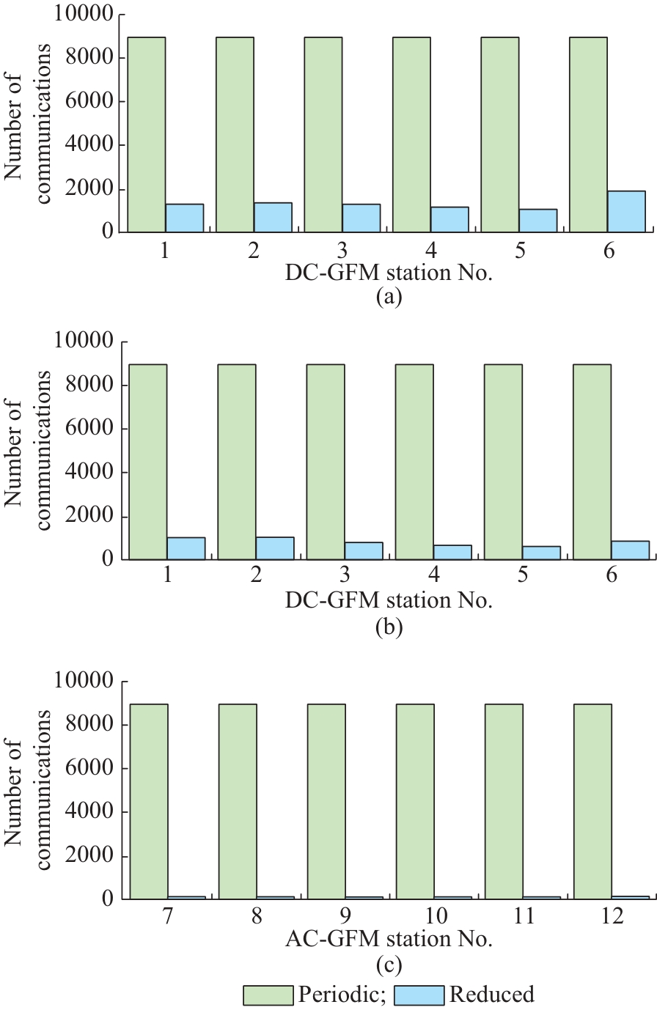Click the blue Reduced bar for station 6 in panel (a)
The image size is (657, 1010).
coord(625,212)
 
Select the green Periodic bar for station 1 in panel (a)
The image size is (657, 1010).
coord(146,135)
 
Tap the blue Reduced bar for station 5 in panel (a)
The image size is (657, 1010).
coord(537,221)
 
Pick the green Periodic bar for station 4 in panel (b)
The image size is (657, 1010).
coord(414,462)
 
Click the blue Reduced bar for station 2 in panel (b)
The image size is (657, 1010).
coord(274,548)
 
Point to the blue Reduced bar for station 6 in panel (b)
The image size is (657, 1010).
coord(630,550)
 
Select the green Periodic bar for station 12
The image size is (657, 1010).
coord(592,801)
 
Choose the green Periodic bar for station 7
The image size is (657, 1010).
coord(149,801)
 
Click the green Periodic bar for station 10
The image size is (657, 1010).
coord(415,801)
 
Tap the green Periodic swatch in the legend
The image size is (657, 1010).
coord(268,995)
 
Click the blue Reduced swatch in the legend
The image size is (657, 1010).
coord(419,995)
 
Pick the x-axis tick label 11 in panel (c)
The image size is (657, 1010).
coord(522,918)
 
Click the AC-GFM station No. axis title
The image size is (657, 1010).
coord(388,939)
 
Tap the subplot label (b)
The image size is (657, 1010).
coord(388,627)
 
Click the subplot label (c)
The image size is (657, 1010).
coord(388,966)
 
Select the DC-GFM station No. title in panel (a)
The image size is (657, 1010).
coord(388,273)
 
